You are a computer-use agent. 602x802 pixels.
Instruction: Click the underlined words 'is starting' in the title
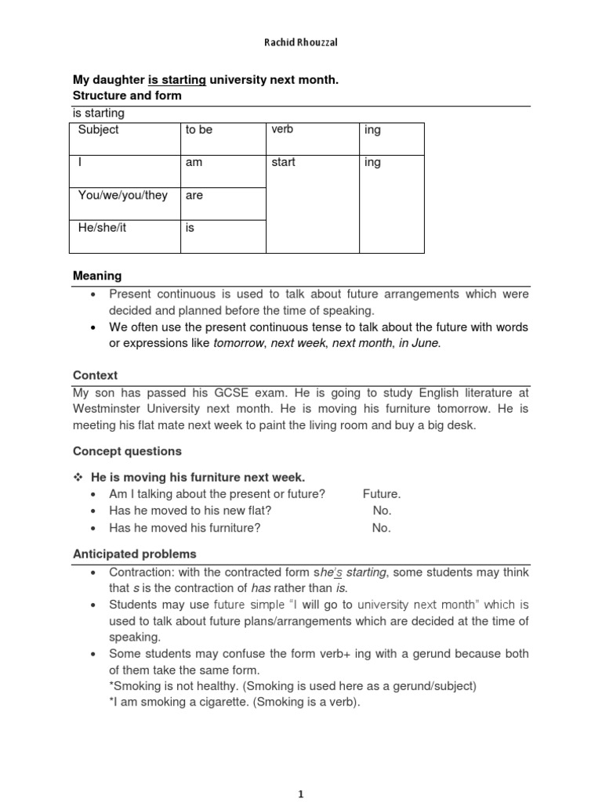(x=176, y=80)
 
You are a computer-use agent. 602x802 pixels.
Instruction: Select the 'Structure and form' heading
(x=127, y=96)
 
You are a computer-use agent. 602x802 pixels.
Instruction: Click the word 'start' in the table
(x=284, y=163)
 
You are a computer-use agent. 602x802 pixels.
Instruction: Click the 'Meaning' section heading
(x=97, y=276)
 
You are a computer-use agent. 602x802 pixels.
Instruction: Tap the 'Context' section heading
(x=95, y=376)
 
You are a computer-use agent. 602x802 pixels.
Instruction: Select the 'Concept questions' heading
(x=127, y=451)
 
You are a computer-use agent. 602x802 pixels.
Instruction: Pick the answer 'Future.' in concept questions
(x=382, y=494)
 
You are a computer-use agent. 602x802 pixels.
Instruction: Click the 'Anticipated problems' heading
(x=135, y=554)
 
